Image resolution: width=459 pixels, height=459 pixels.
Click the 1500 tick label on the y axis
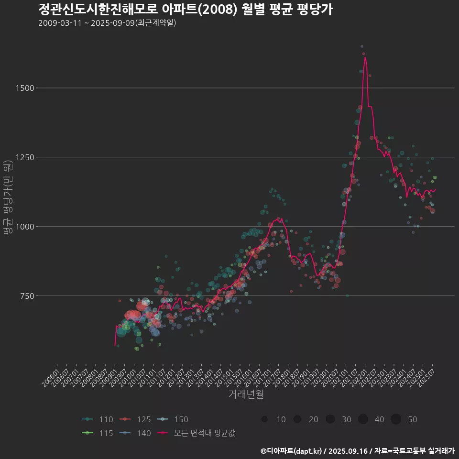[24, 88]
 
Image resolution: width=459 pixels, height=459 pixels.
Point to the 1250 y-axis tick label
[24, 157]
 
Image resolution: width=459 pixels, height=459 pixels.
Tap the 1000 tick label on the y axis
[24, 227]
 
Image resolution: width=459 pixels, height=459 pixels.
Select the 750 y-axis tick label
[26, 296]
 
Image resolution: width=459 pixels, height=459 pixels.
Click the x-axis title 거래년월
[246, 394]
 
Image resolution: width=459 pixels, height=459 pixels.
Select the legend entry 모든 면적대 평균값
[197, 434]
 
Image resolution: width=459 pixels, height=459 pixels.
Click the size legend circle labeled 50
[396, 419]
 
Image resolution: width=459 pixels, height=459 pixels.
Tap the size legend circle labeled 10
[264, 419]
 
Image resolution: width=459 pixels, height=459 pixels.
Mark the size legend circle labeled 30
[330, 419]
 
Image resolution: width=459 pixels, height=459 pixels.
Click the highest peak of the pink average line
[365, 57]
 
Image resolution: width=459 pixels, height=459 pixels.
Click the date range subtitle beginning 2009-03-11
[107, 23]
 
